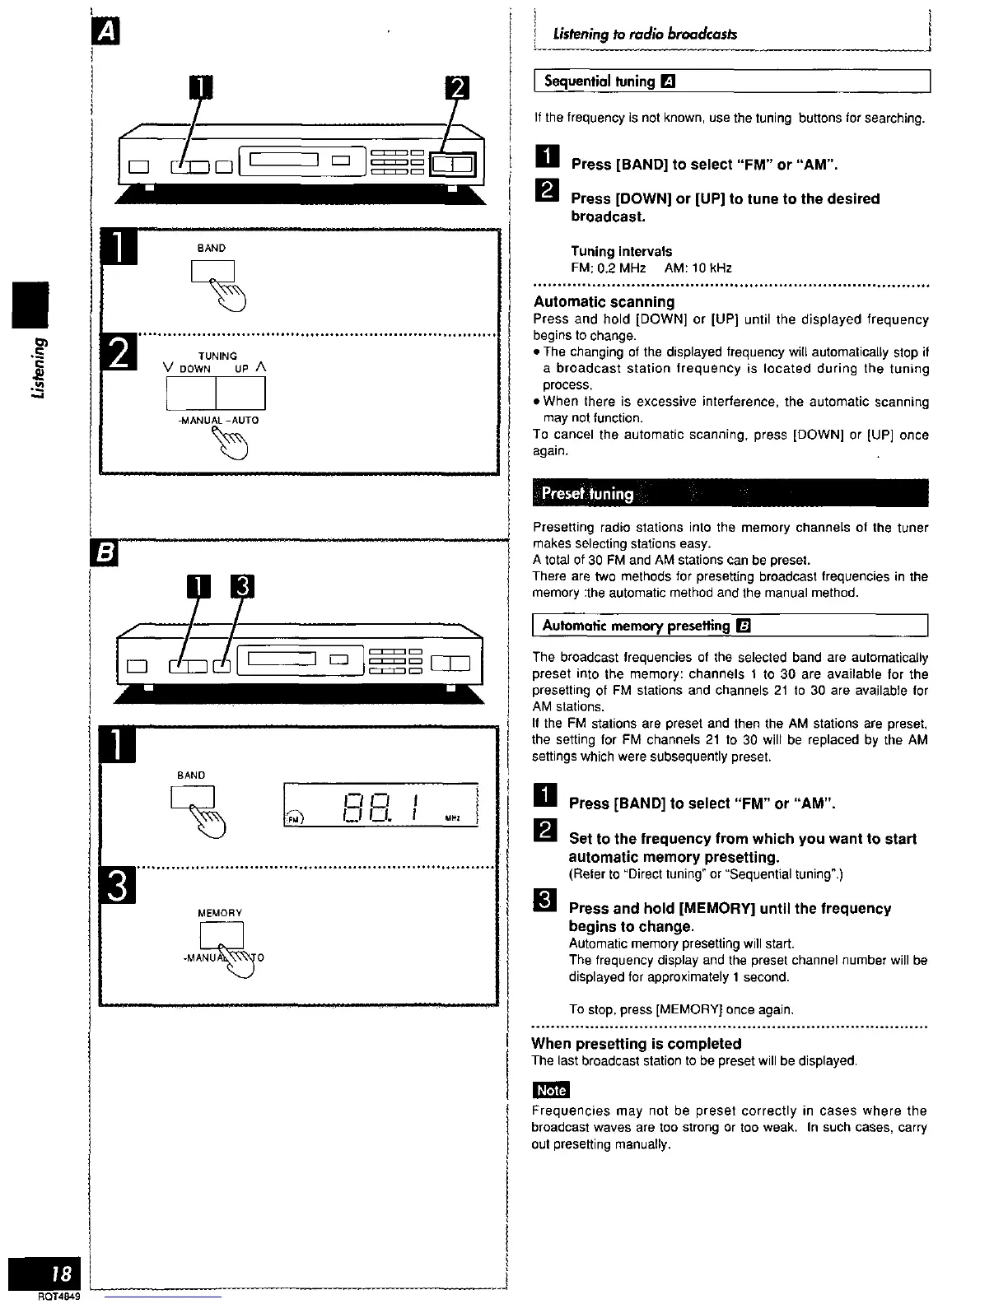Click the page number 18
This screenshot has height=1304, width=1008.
(60, 1274)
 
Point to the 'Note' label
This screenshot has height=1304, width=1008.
(551, 1090)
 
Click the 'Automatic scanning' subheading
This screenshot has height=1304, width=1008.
(604, 302)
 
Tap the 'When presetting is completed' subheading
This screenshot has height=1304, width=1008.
(636, 1044)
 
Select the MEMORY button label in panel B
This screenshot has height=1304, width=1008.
(220, 913)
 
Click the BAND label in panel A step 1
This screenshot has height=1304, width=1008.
(212, 248)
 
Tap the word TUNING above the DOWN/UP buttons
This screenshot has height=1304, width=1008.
(217, 356)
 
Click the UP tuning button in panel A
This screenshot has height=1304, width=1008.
(240, 393)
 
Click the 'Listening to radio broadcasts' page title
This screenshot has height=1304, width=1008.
(646, 35)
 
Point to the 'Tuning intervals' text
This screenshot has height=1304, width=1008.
(621, 251)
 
